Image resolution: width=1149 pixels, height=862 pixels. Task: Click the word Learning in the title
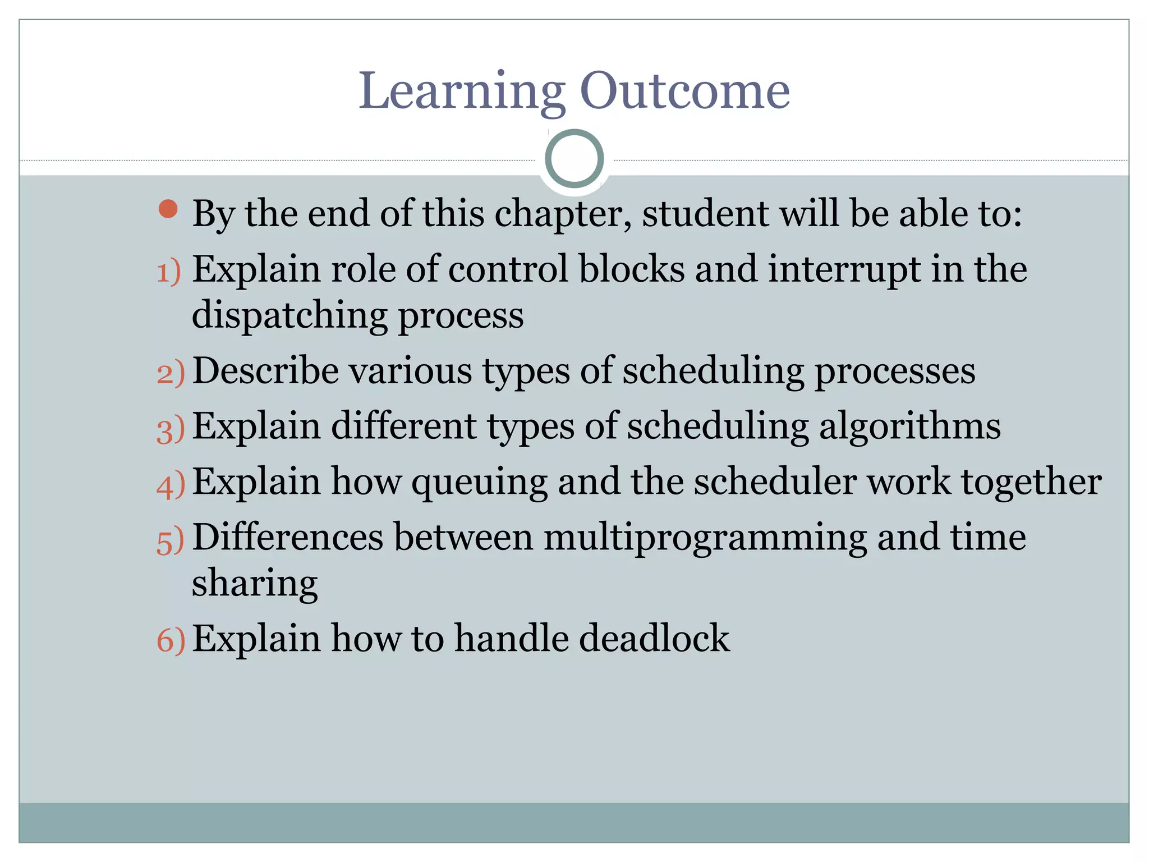pos(461,91)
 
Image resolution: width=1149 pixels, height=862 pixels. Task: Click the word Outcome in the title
pos(684,91)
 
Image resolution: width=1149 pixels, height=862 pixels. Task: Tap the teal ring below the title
pos(574,159)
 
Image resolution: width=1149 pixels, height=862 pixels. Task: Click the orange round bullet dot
pos(168,209)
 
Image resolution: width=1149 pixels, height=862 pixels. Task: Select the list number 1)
pos(169,272)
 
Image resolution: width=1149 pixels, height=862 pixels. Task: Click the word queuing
pos(479,483)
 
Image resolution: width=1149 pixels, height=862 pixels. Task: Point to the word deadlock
pos(654,639)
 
